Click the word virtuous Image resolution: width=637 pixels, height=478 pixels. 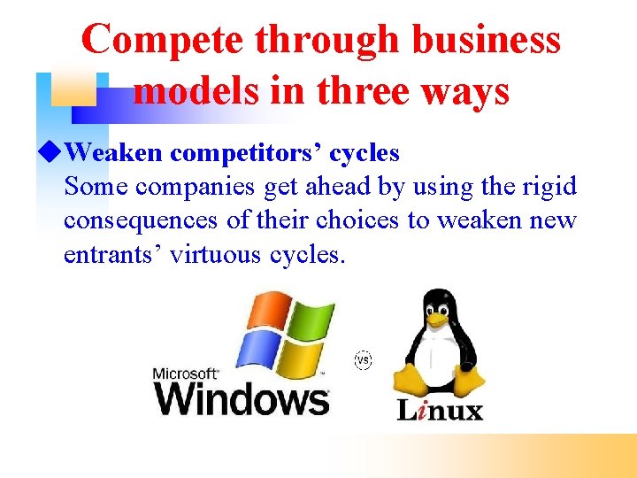(215, 254)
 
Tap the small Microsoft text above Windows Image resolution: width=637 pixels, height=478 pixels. (186, 373)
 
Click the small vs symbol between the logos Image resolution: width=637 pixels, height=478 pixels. (362, 360)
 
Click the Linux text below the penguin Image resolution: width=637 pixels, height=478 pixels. (439, 410)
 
